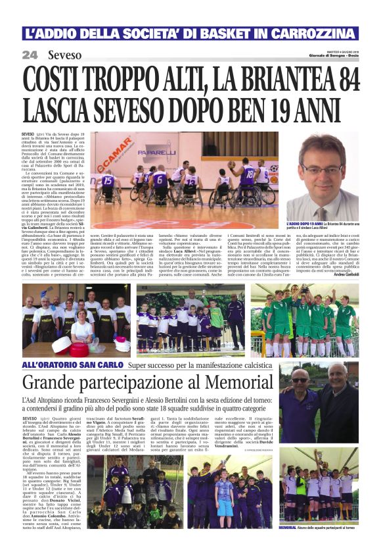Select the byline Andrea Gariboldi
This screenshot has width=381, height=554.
(x=345, y=274)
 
